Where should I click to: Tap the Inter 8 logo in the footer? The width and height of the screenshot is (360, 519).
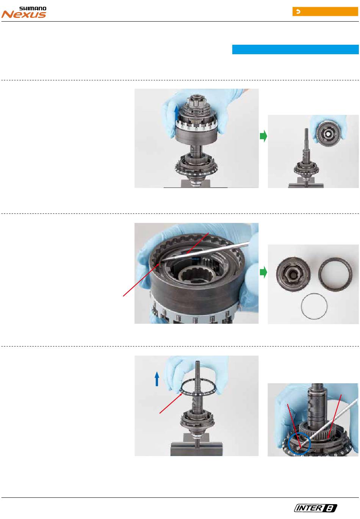click(315, 508)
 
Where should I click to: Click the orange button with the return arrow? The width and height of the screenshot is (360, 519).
click(325, 12)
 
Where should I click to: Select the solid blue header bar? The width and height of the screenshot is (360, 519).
click(295, 49)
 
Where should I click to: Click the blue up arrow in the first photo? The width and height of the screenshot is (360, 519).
click(177, 113)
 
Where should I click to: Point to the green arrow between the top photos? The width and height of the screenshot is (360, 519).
click(263, 136)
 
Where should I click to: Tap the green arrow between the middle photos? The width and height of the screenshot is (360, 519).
click(263, 272)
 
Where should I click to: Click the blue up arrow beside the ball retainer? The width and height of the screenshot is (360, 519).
click(157, 379)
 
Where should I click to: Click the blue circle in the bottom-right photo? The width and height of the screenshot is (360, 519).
click(299, 444)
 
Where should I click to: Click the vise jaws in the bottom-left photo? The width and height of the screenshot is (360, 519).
click(196, 449)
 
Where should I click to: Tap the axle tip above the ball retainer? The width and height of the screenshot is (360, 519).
click(197, 363)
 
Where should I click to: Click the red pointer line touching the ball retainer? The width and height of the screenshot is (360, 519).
click(171, 403)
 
